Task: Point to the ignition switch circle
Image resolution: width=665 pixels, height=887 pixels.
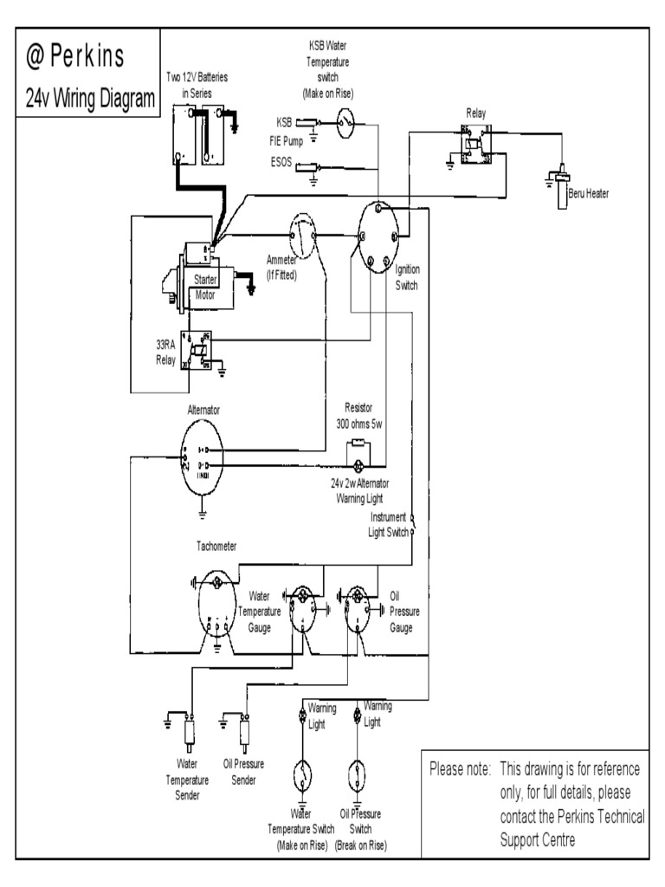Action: click(x=378, y=236)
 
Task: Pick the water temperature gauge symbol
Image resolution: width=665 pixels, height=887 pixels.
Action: click(x=303, y=607)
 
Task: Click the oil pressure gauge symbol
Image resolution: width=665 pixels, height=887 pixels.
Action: click(x=354, y=607)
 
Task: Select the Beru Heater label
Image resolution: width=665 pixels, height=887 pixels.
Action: click(x=589, y=193)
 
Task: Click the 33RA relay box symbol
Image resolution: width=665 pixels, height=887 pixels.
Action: click(x=197, y=349)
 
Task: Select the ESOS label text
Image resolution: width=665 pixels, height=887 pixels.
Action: click(x=283, y=161)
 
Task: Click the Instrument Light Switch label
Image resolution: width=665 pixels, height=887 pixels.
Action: click(x=387, y=524)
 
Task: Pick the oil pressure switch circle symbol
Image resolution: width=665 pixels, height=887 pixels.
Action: click(x=357, y=774)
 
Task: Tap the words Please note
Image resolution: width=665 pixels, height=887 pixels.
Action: click(x=460, y=769)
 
